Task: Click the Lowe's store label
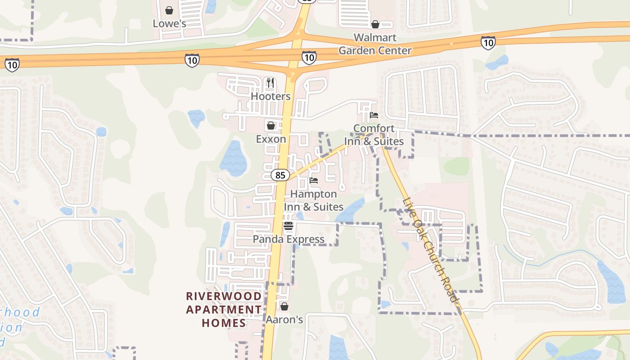coord(169,23)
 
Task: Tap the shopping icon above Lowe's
coord(169,10)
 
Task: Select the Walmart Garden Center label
coord(375,44)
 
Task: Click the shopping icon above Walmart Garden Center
coord(375,24)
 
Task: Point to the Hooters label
coord(270,96)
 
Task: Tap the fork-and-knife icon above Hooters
coord(270,82)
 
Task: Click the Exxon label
coord(271,139)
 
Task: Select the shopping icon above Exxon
coord(271,125)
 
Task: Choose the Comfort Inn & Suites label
coord(374,135)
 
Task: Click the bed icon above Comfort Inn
coord(374,115)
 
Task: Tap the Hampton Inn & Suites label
coord(314,200)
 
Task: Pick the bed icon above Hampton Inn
coord(314,180)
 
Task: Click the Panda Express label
coord(288,239)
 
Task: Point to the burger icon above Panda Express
coord(288,226)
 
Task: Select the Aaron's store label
coord(284,319)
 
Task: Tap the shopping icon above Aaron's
coord(284,306)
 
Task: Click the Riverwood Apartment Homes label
coord(224,310)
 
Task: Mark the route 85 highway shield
coord(280,175)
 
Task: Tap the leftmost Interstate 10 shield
coord(12,65)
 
